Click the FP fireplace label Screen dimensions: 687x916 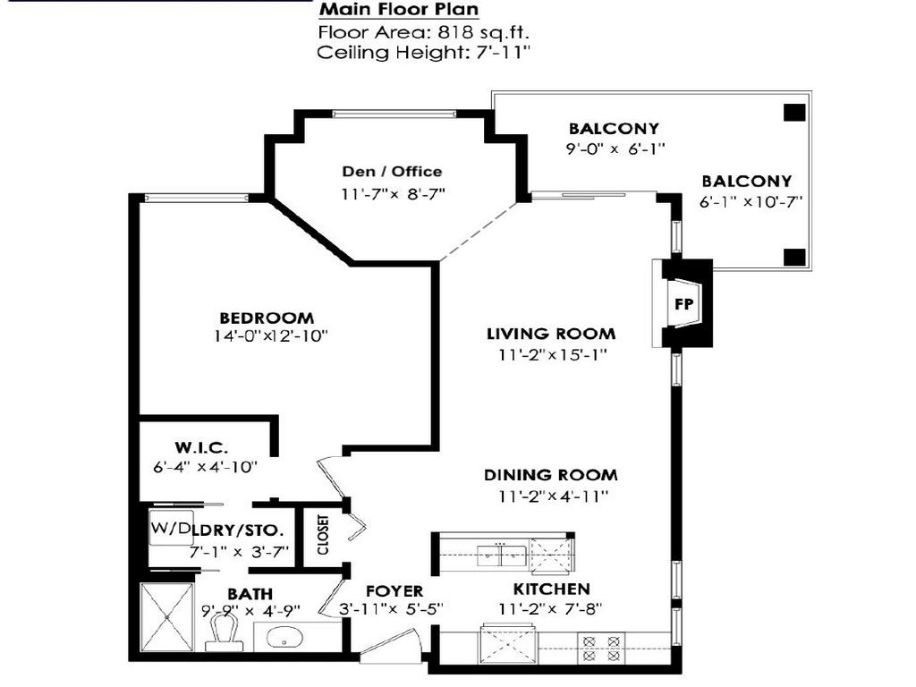(683, 304)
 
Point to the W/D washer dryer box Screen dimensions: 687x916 (170, 529)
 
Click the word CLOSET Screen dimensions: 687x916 (321, 534)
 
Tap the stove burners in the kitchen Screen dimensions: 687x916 (601, 648)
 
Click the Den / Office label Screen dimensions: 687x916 (392, 172)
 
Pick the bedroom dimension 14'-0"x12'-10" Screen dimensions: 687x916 (271, 336)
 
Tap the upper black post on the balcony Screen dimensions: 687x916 (793, 113)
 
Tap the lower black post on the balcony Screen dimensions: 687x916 (793, 257)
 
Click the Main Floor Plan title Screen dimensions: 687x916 (399, 10)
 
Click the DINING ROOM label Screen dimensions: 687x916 (551, 475)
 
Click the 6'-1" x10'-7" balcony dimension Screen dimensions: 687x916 (751, 201)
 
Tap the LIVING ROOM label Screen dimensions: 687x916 (551, 334)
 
